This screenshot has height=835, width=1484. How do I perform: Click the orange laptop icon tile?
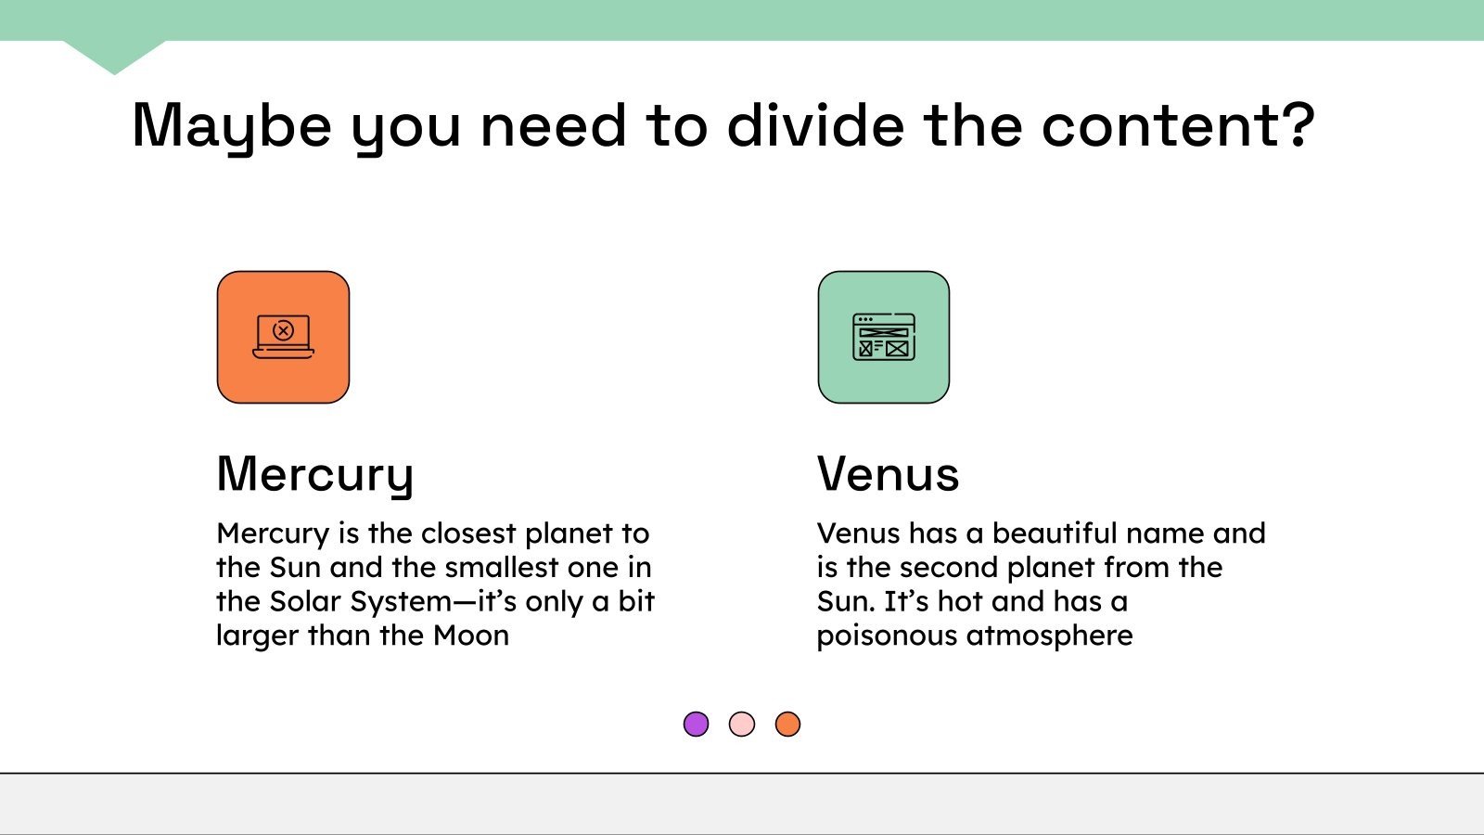coord(283,337)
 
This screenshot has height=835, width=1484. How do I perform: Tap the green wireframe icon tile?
coord(883,337)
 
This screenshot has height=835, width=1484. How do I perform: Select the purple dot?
coord(696,724)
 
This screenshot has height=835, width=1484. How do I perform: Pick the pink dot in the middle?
coord(742,724)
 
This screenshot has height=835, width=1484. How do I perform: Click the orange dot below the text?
coord(787,724)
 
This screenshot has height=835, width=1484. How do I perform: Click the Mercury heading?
coord(315,474)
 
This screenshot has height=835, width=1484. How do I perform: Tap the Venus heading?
coord(888,474)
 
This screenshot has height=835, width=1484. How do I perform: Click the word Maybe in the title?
coord(232,125)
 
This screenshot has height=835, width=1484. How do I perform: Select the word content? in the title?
coord(1178,125)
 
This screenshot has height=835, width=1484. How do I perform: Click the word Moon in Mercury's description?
coord(471,636)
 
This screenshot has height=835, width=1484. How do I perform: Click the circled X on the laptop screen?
coord(284,330)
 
